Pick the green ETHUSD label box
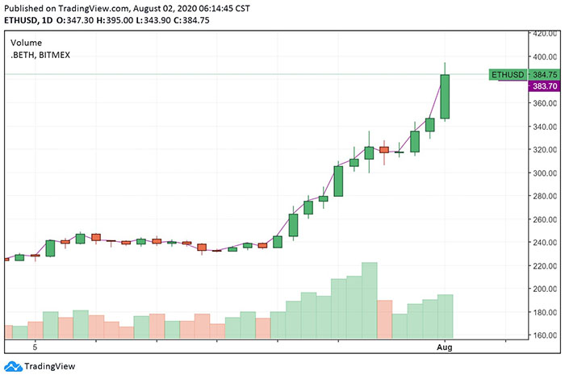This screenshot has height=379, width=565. (x=506, y=75)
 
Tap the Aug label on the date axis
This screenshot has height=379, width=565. (x=445, y=347)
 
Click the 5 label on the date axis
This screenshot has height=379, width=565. (x=35, y=347)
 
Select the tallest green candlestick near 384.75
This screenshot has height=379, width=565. (x=445, y=97)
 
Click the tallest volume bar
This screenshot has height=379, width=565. (x=370, y=300)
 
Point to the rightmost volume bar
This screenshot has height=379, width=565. (x=445, y=316)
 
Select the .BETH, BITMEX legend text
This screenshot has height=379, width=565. (x=44, y=55)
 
